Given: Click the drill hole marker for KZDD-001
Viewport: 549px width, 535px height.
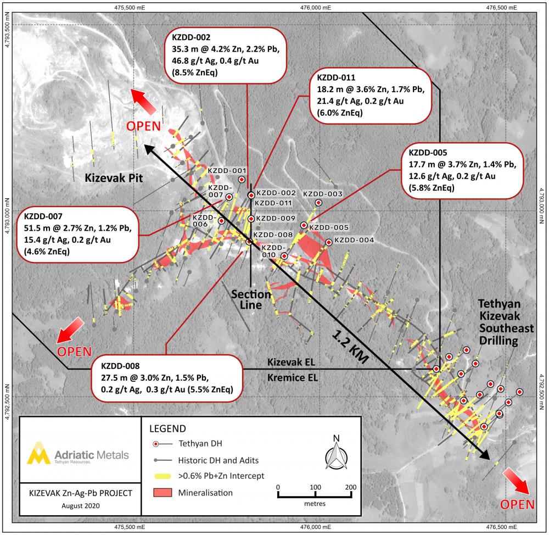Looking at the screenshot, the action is click(x=242, y=180).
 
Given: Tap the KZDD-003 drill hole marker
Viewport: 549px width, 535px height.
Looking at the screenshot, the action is click(x=318, y=203).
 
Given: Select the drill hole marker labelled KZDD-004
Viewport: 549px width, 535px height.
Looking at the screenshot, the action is click(x=328, y=242).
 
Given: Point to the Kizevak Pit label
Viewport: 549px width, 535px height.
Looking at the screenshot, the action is click(x=114, y=178).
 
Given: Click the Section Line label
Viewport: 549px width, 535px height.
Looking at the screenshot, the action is click(x=251, y=299).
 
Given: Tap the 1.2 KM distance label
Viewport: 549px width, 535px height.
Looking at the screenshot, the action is click(x=350, y=347).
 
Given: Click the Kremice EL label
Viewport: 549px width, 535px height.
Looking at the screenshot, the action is click(x=293, y=378).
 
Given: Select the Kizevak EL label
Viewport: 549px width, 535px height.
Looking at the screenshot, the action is click(x=292, y=362).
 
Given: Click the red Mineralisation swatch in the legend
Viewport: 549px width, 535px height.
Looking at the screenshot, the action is click(x=163, y=493).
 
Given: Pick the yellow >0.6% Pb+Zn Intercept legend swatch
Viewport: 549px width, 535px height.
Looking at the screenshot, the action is click(x=163, y=476).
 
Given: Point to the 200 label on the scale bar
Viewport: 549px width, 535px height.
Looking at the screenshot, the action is click(x=350, y=487).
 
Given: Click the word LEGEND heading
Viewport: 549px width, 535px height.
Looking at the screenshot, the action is click(x=167, y=429).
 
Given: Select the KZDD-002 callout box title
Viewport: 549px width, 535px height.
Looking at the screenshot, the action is click(x=191, y=37).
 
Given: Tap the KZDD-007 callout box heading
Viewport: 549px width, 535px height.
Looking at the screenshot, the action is click(x=43, y=216).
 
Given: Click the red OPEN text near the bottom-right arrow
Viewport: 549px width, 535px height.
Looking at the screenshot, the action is click(x=517, y=505).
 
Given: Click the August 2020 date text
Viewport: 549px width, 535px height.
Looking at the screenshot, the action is click(x=81, y=506).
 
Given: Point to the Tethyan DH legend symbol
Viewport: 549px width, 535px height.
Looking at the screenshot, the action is click(x=162, y=444).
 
